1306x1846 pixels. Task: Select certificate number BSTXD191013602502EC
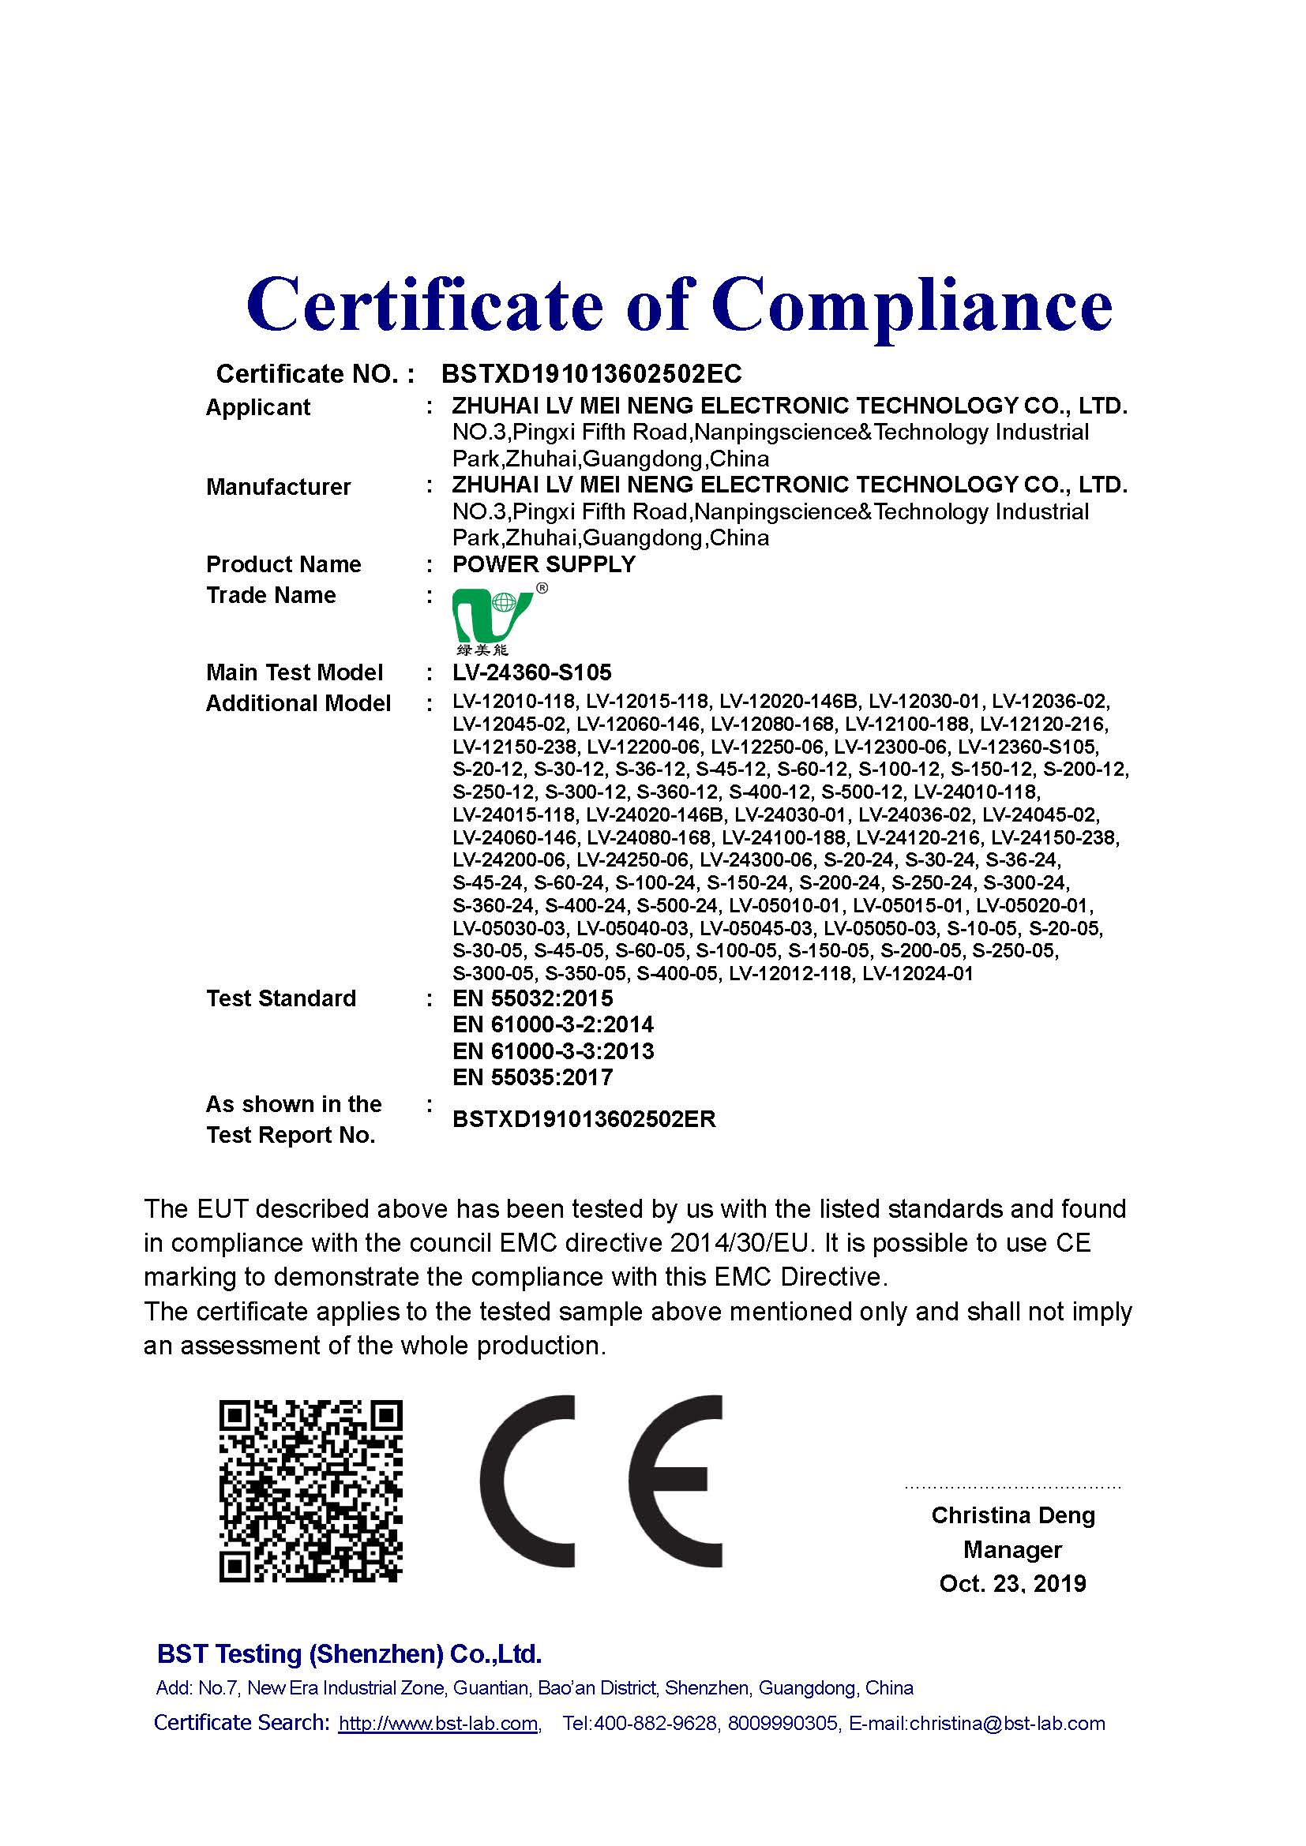(x=591, y=374)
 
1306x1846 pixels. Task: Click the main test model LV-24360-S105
(x=531, y=672)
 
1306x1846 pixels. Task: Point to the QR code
(x=310, y=1492)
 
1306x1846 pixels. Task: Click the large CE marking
(x=602, y=1481)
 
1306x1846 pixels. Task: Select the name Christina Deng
(x=1012, y=1515)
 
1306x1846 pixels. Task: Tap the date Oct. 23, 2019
(x=1012, y=1583)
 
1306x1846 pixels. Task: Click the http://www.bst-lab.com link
(x=438, y=1724)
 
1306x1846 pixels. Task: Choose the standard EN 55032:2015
(x=532, y=998)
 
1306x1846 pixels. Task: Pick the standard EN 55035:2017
(x=532, y=1077)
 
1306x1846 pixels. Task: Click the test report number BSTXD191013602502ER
(x=584, y=1119)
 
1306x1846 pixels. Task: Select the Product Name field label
(x=283, y=564)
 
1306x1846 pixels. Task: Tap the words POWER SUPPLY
(x=543, y=564)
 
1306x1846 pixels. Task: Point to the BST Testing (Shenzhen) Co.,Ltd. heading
(x=349, y=1654)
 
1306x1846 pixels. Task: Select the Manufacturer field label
(x=278, y=487)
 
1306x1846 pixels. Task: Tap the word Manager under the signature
(x=1012, y=1549)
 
